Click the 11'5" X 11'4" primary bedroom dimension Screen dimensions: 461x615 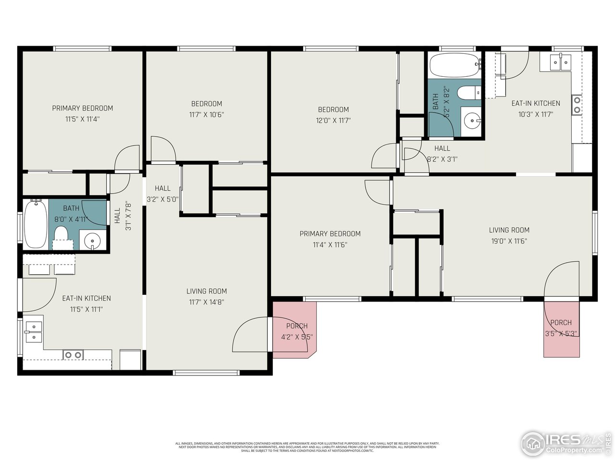coord(82,120)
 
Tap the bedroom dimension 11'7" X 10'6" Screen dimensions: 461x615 coord(207,115)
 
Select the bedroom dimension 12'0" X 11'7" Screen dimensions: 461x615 coord(333,121)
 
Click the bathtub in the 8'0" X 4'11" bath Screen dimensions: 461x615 coord(36,224)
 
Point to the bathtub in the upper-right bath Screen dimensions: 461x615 coord(455,65)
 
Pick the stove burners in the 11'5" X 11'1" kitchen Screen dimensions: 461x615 coord(73,355)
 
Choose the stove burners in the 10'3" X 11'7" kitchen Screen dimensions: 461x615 coord(576,105)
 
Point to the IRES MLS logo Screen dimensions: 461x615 coord(565,442)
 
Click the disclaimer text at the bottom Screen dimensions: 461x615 coord(307,447)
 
